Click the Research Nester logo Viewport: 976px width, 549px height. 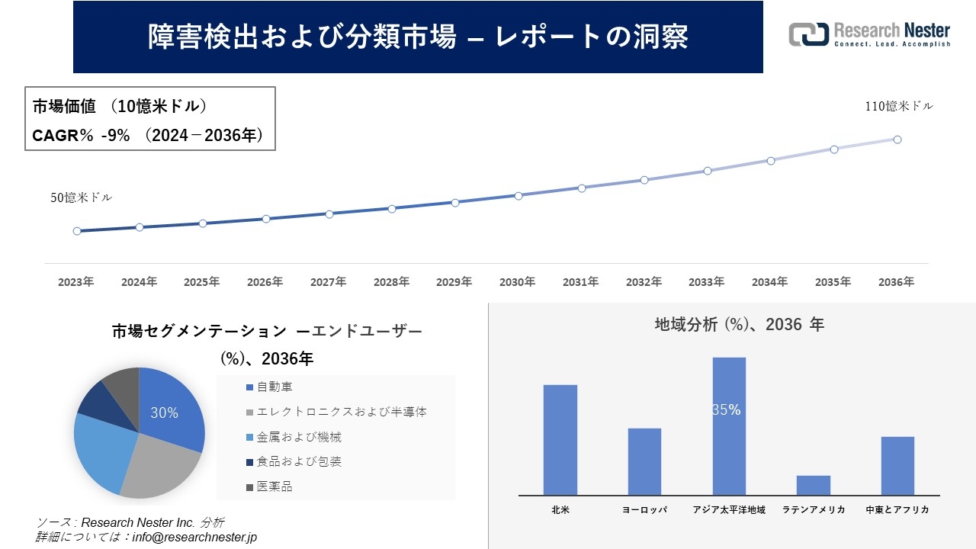[x=869, y=34]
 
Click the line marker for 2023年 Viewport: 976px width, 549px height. [x=77, y=231]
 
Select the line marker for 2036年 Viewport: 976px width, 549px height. [x=897, y=140]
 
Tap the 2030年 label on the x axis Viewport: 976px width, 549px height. [x=517, y=282]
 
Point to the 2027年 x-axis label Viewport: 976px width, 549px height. [x=328, y=282]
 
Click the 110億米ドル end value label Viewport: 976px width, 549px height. [x=898, y=107]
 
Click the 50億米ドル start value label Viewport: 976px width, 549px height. [x=81, y=197]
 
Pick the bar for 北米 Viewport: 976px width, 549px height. [x=560, y=440]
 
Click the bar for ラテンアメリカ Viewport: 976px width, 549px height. [x=814, y=485]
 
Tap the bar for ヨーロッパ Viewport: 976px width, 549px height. [x=644, y=461]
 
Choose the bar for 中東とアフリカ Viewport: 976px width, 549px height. [x=897, y=465]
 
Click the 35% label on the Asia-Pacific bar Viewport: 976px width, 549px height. [x=727, y=410]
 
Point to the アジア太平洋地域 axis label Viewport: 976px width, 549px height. [x=729, y=509]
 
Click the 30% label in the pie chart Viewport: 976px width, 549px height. [x=164, y=413]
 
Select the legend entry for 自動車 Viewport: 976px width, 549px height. [x=274, y=387]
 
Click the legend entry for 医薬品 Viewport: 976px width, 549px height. [x=274, y=486]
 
